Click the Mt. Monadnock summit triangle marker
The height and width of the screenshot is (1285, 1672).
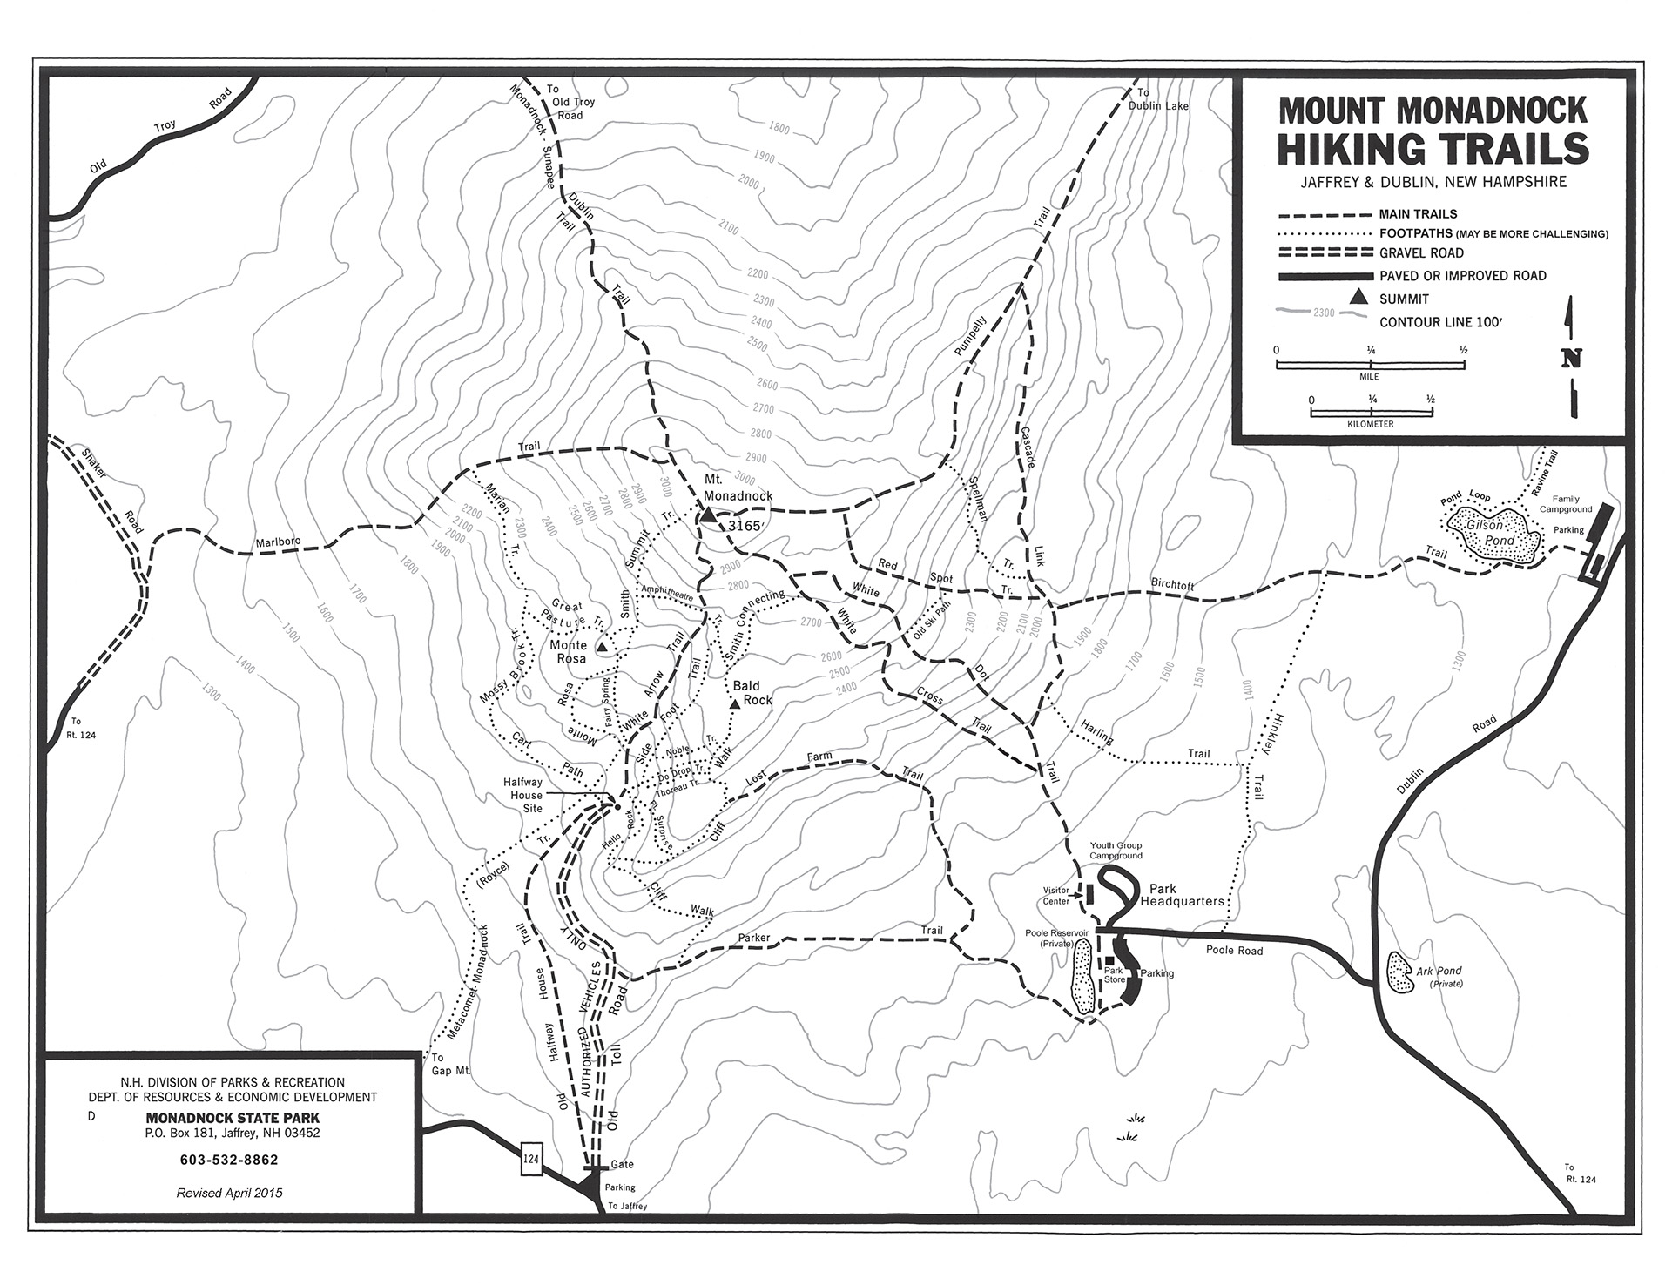coord(708,516)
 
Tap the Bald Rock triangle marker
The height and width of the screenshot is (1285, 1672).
coord(736,703)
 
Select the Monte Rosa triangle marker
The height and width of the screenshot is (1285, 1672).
coord(602,648)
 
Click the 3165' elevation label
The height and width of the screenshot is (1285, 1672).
coord(746,527)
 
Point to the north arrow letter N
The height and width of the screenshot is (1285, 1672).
coord(1572,359)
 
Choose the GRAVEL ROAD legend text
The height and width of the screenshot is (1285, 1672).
coord(1421,253)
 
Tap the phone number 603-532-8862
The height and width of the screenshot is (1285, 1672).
coord(229,1160)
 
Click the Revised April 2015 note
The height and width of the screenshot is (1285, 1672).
coord(229,1193)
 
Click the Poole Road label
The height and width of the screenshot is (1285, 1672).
coord(1234,951)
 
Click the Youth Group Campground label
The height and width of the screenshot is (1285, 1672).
coord(1116,851)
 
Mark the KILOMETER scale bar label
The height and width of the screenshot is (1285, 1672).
coord(1370,424)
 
